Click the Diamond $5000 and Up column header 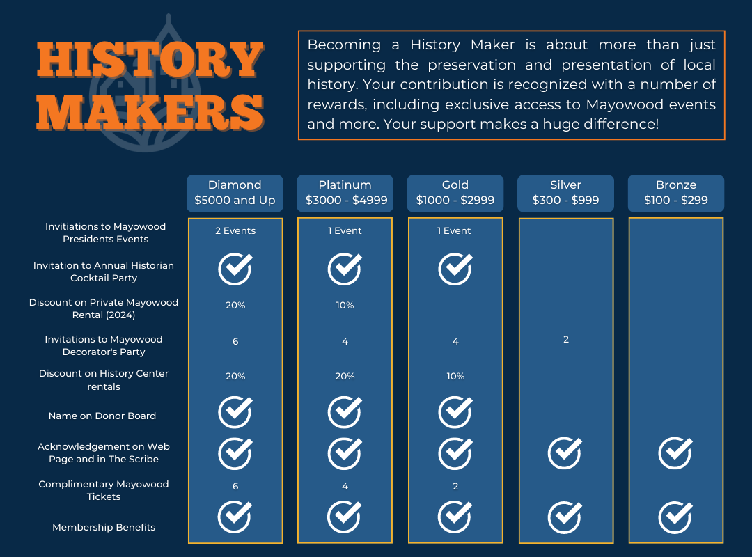point(235,193)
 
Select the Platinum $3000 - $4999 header point(345,193)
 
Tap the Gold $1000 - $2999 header point(455,193)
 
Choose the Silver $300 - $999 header point(565,193)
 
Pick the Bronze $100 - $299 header point(675,193)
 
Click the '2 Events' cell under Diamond point(235,230)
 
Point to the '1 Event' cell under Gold point(454,230)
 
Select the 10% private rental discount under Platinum point(345,305)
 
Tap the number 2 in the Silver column point(566,339)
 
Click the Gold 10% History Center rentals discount point(455,376)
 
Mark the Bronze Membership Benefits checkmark point(675,517)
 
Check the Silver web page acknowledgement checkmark point(565,453)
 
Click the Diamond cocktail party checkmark point(235,269)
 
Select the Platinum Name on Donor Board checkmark point(345,411)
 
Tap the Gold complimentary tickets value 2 point(455,486)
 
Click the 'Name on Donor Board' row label point(102,416)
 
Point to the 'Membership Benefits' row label point(104,527)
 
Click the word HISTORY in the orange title point(150,61)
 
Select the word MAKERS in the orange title point(150,112)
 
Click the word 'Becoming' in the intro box point(345,45)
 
